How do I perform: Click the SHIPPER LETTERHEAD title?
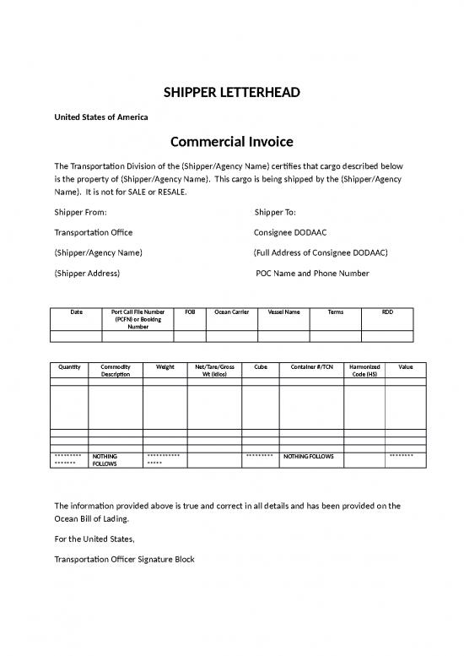pos(231,91)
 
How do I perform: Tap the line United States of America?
pos(101,116)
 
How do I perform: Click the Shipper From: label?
pos(80,211)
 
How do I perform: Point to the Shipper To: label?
pos(276,211)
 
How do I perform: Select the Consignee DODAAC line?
pos(290,231)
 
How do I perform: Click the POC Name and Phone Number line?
pos(312,273)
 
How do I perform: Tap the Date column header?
pos(77,312)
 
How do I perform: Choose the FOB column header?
pos(189,312)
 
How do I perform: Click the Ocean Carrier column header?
pos(231,312)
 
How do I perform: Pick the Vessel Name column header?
pos(283,312)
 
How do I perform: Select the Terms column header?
pos(335,312)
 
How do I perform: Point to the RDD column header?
pos(387,312)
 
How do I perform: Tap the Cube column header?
pos(260,367)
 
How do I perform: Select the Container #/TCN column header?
pos(311,367)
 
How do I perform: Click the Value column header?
pos(406,367)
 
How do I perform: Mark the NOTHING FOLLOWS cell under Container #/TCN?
pos(309,456)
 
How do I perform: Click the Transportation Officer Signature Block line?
pos(124,558)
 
